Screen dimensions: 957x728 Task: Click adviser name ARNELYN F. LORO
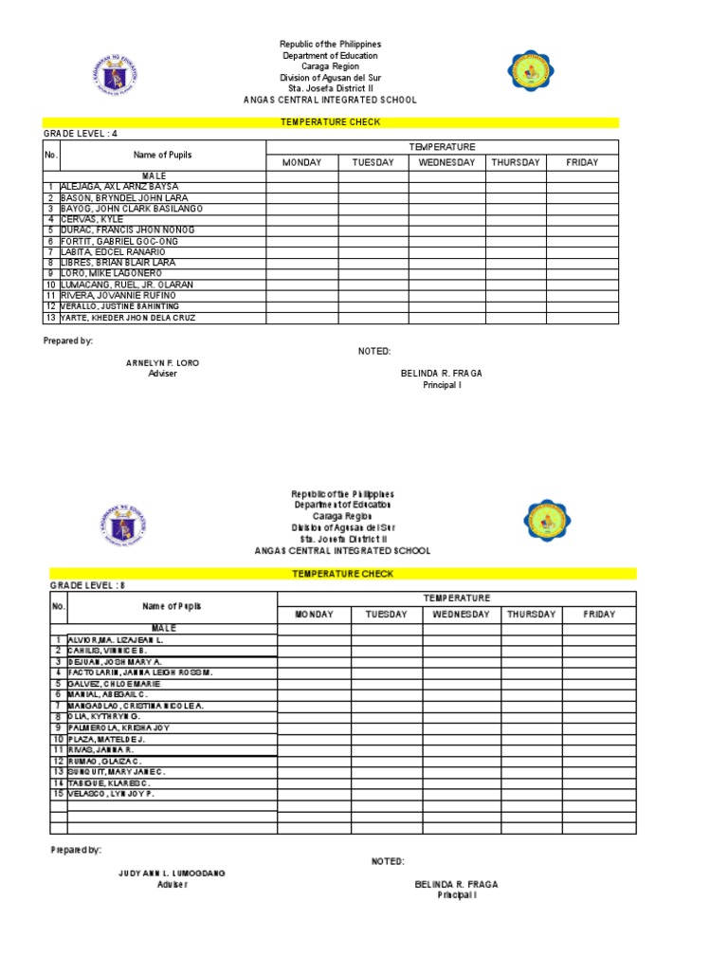[x=163, y=363]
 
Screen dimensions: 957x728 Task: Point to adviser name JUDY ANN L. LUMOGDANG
[x=172, y=873]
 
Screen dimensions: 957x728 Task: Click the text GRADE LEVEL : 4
[x=80, y=135]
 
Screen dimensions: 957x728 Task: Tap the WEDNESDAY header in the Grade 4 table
[x=446, y=162]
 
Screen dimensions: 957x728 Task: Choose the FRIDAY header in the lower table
[x=599, y=615]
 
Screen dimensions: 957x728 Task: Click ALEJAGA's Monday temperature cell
[x=302, y=187]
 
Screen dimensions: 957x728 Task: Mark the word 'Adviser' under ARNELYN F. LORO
[x=163, y=374]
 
